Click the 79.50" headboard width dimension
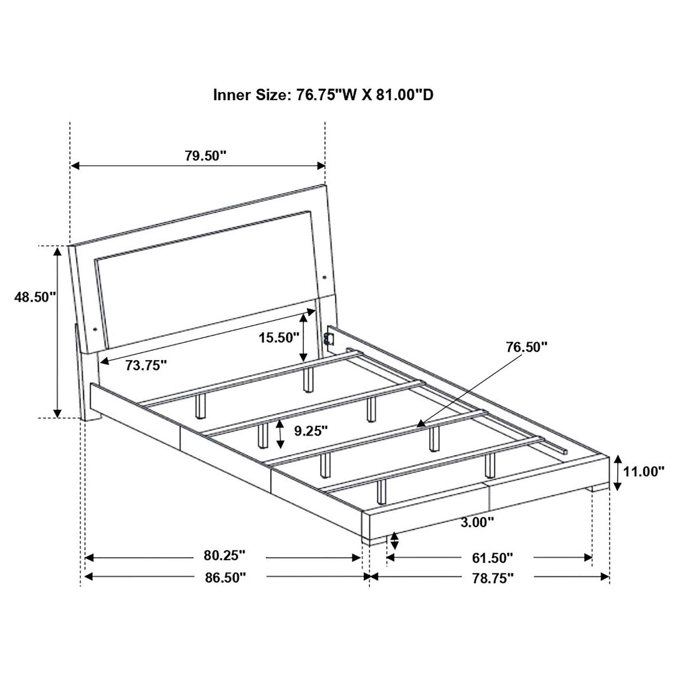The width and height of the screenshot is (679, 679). (206, 156)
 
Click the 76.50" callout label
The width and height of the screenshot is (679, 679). (526, 346)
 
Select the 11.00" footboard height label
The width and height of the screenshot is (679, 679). (644, 472)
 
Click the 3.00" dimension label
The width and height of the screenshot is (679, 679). (477, 523)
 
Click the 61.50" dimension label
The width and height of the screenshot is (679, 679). (491, 557)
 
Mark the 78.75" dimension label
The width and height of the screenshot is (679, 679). (491, 578)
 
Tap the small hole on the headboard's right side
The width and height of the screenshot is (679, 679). (326, 277)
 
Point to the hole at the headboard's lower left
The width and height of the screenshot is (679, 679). (95, 328)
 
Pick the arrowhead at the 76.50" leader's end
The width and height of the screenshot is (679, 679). (419, 422)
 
